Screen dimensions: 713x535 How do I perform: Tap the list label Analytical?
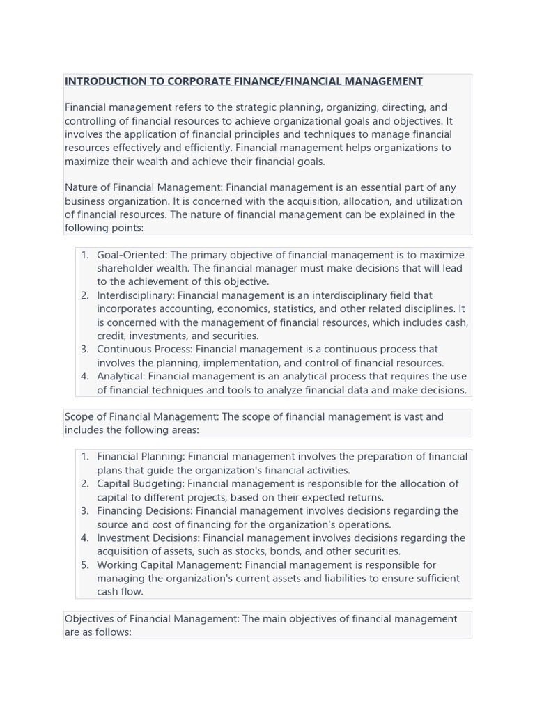121,376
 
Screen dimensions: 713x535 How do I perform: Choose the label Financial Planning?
141,457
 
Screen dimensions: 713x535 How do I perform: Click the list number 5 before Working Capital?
84,565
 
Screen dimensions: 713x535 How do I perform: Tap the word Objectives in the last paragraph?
88,619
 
